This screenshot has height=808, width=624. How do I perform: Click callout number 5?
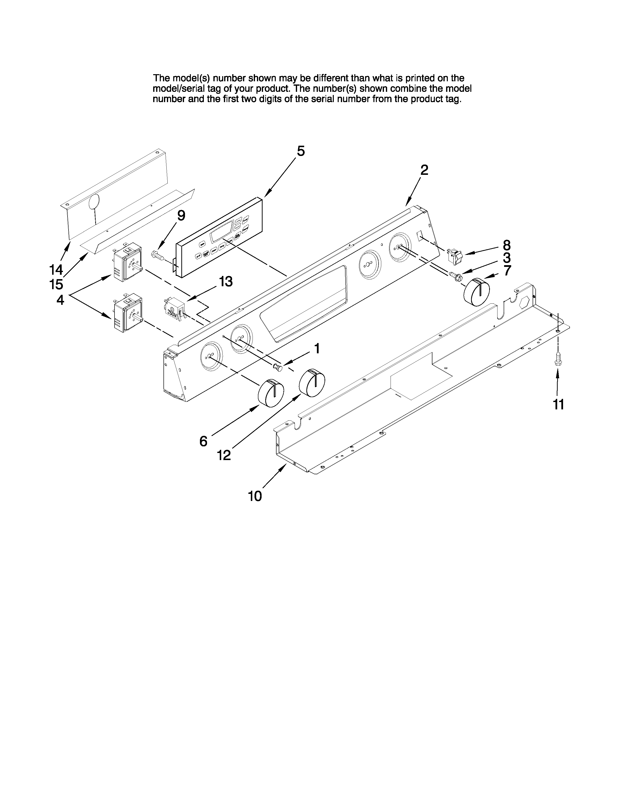301,151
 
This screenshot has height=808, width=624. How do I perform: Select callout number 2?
424,170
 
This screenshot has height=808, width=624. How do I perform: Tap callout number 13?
226,282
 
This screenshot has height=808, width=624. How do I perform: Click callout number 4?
60,299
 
